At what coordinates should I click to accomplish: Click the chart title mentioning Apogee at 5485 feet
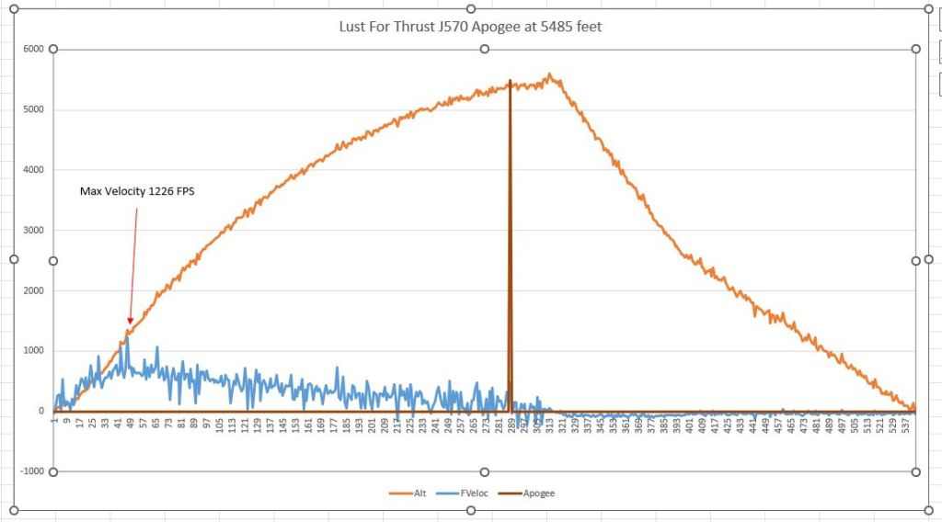coord(470,27)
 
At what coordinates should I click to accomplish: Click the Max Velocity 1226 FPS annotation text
coord(138,192)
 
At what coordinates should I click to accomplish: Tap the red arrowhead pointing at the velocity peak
coord(130,321)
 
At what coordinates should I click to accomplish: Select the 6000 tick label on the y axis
coord(33,49)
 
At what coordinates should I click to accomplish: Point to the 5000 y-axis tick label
coord(33,109)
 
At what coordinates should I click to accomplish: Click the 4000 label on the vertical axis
coord(33,170)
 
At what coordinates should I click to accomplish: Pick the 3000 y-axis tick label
coord(33,231)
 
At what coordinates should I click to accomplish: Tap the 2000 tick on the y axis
coord(33,291)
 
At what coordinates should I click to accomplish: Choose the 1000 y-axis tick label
coord(33,351)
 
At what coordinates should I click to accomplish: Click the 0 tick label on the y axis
coord(40,412)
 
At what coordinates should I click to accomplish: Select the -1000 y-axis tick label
coord(31,471)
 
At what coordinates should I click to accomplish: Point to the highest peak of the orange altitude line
coord(549,74)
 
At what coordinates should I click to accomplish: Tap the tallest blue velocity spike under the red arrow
coord(128,337)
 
